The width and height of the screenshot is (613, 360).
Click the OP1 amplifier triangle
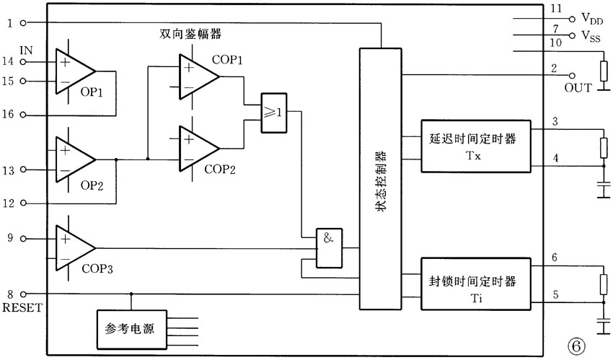pos(73,72)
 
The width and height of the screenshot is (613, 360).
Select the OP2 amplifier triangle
pos(73,159)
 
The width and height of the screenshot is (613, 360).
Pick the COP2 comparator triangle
pos(197,148)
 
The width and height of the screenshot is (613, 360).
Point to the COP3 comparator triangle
pos(73,247)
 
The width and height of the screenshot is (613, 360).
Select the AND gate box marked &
pos(327,247)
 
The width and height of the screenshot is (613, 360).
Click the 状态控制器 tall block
pos(379,179)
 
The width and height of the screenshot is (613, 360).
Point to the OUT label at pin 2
pos(578,88)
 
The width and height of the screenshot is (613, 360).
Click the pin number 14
pos(9,63)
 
